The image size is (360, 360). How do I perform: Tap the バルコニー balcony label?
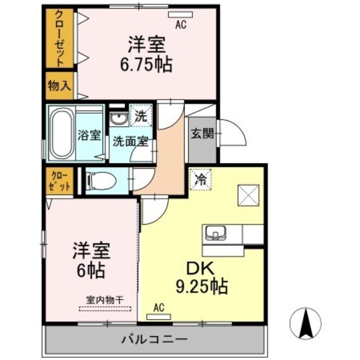click(x=154, y=338)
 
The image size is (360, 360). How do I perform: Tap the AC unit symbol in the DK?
click(x=158, y=316)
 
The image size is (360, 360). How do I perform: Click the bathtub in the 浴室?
click(x=61, y=134)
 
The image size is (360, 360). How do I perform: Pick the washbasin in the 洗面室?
click(x=119, y=119)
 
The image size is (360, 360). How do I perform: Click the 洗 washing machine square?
click(x=141, y=117)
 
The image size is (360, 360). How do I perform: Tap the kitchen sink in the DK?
click(x=216, y=234)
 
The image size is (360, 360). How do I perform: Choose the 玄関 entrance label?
click(x=201, y=134)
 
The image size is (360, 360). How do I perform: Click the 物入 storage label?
click(x=59, y=86)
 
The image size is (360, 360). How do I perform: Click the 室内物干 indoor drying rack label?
click(x=105, y=299)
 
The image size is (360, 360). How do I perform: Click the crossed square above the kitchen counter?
click(x=248, y=195)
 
